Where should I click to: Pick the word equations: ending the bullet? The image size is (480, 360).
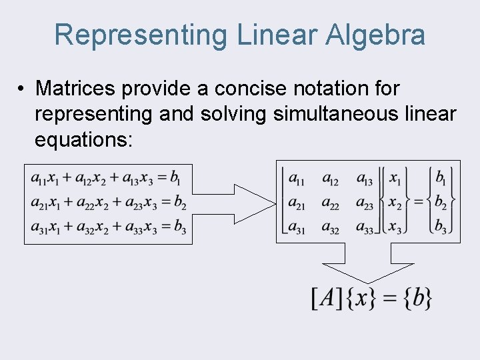[x=83, y=140]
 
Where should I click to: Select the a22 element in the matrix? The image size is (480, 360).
[x=330, y=203]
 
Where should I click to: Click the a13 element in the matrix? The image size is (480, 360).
[x=365, y=179]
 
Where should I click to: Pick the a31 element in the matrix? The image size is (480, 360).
[x=297, y=227]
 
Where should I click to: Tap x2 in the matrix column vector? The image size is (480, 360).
[x=395, y=203]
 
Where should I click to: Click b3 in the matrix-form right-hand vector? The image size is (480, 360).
[x=441, y=227]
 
